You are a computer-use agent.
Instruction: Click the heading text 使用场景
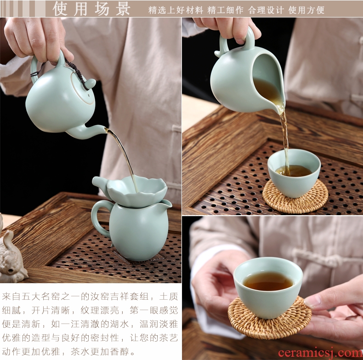click(x=91, y=9)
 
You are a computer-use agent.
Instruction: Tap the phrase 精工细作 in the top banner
click(x=225, y=10)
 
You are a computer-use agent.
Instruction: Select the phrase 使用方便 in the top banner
click(x=306, y=10)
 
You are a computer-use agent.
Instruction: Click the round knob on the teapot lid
click(x=90, y=83)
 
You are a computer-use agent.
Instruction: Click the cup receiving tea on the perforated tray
click(x=294, y=173)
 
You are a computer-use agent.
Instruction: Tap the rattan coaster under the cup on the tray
click(x=295, y=197)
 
